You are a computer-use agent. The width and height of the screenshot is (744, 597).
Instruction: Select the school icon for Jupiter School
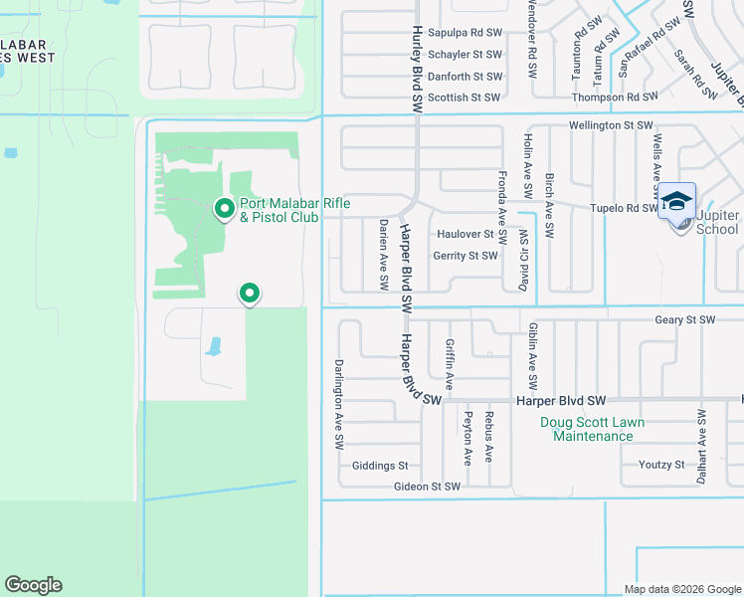[x=676, y=202]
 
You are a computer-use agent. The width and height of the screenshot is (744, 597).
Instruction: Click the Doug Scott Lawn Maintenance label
[x=592, y=429]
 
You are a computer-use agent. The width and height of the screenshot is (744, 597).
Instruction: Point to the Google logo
[x=33, y=585]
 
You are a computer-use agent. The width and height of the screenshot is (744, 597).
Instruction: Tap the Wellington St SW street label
[x=610, y=126]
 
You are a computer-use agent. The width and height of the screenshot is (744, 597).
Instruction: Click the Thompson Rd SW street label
[x=615, y=98]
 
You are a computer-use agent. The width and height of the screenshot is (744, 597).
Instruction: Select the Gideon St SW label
[x=427, y=487]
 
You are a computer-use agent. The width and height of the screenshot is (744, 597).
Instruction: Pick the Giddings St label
[x=380, y=465]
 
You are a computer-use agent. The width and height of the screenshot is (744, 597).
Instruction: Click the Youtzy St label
[x=661, y=465]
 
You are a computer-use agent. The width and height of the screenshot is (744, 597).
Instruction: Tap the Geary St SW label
[x=684, y=319]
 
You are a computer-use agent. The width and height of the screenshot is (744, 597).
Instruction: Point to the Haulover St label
[x=465, y=234]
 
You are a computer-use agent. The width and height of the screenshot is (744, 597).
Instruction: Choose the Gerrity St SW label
[x=465, y=256]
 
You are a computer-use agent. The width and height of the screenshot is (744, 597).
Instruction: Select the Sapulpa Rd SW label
[x=465, y=32]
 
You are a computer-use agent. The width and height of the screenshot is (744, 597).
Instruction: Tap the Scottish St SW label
[x=465, y=98]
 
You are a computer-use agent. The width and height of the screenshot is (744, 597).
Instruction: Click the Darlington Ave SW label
[x=339, y=401]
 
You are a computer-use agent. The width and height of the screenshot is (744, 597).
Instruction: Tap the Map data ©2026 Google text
[x=682, y=589]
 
